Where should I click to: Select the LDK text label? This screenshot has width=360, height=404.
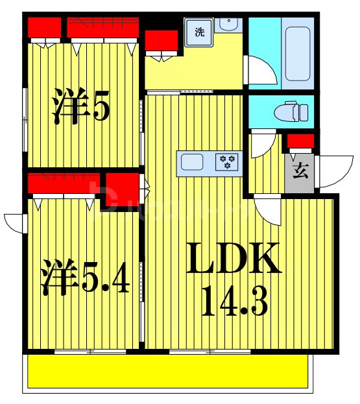235,259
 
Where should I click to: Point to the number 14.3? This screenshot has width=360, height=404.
235,300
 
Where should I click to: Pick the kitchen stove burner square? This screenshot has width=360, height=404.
227,161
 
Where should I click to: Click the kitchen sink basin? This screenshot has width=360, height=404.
192,161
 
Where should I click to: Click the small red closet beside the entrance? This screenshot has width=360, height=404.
300,141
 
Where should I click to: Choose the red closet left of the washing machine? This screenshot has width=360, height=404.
161,42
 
